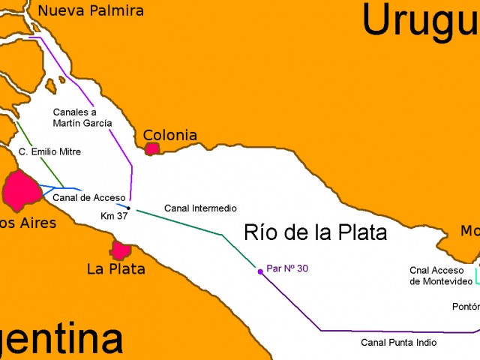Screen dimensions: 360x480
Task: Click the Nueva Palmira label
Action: (90, 10)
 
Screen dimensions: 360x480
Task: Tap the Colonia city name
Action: (170, 136)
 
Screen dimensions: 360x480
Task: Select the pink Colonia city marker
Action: (152, 148)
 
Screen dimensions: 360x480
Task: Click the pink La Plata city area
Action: (121, 250)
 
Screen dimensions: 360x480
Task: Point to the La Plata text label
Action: (116, 268)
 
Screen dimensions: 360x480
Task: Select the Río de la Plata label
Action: (316, 232)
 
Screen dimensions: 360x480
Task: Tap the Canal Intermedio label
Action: (200, 208)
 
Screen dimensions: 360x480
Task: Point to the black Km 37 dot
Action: (129, 208)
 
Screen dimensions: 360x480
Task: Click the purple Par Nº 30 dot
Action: (260, 271)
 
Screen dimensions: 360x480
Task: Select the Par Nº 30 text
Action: (287, 268)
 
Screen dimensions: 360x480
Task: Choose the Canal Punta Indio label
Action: (398, 342)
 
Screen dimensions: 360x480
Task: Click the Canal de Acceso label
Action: (89, 197)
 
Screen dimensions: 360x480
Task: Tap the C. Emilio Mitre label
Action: (49, 151)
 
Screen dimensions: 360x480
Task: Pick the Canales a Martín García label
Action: (82, 117)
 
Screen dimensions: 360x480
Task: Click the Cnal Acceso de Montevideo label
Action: (441, 275)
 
